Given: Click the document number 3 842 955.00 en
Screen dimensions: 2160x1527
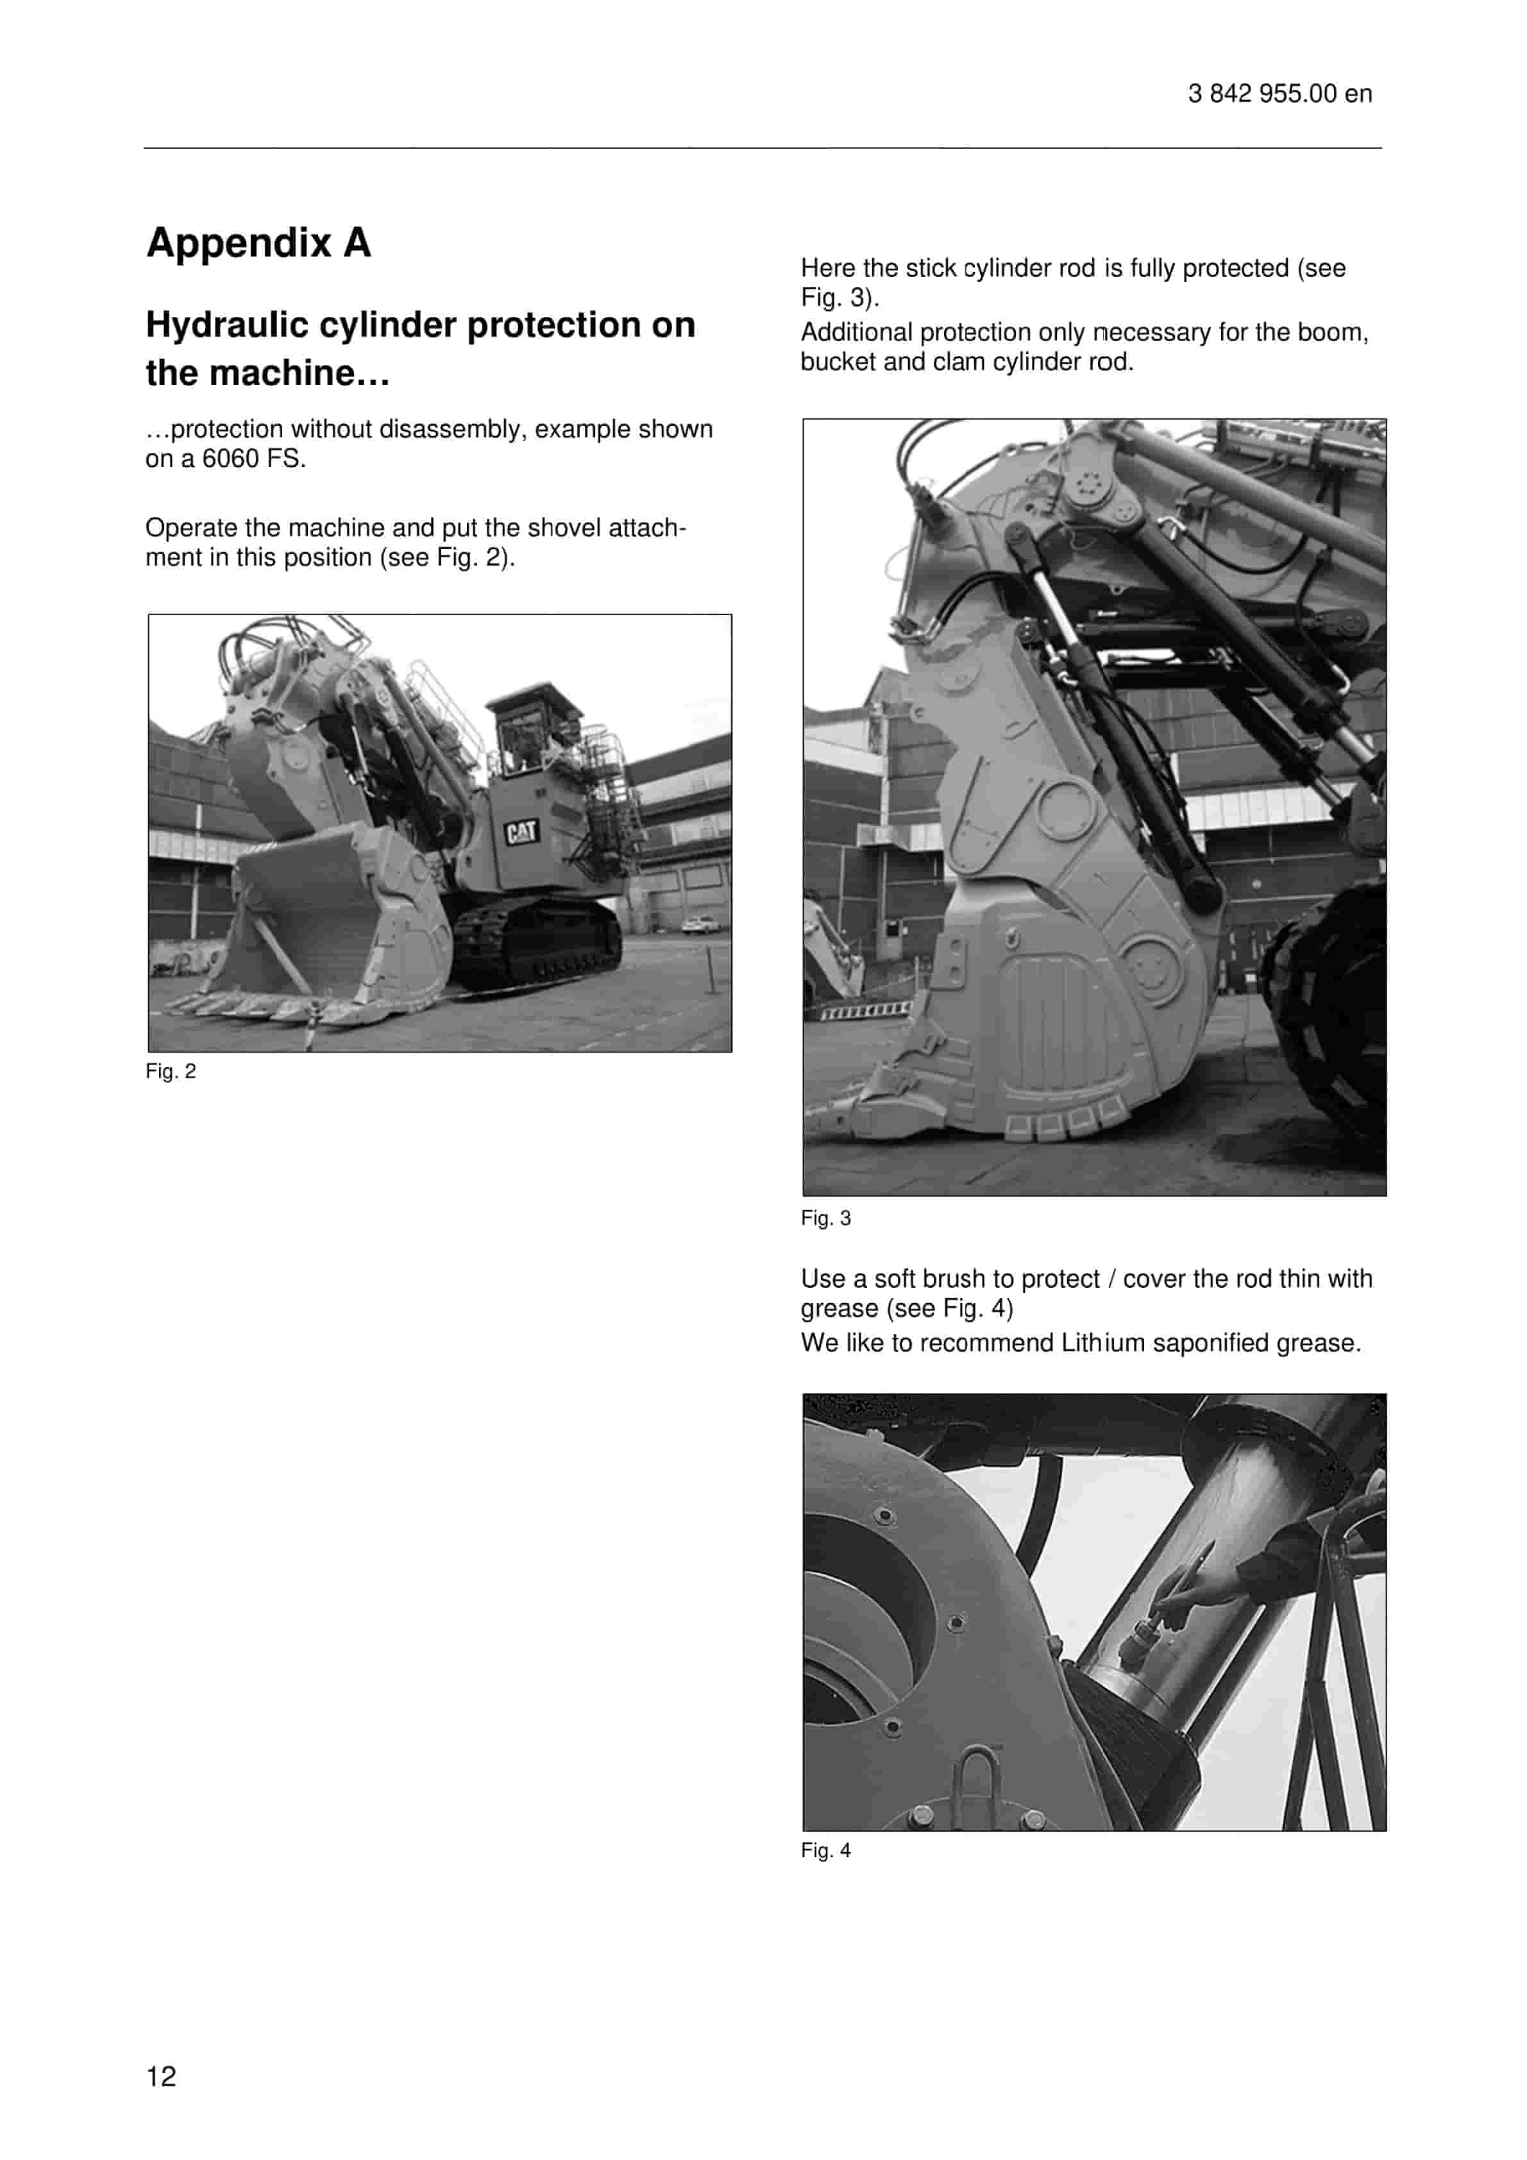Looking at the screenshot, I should [1279, 94].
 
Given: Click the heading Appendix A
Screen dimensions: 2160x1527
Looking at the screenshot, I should [258, 242].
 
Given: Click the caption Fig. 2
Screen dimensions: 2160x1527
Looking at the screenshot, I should [171, 1072].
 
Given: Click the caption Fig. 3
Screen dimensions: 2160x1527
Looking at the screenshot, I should [825, 1219].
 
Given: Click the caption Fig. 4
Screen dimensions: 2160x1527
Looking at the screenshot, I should [825, 1850].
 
